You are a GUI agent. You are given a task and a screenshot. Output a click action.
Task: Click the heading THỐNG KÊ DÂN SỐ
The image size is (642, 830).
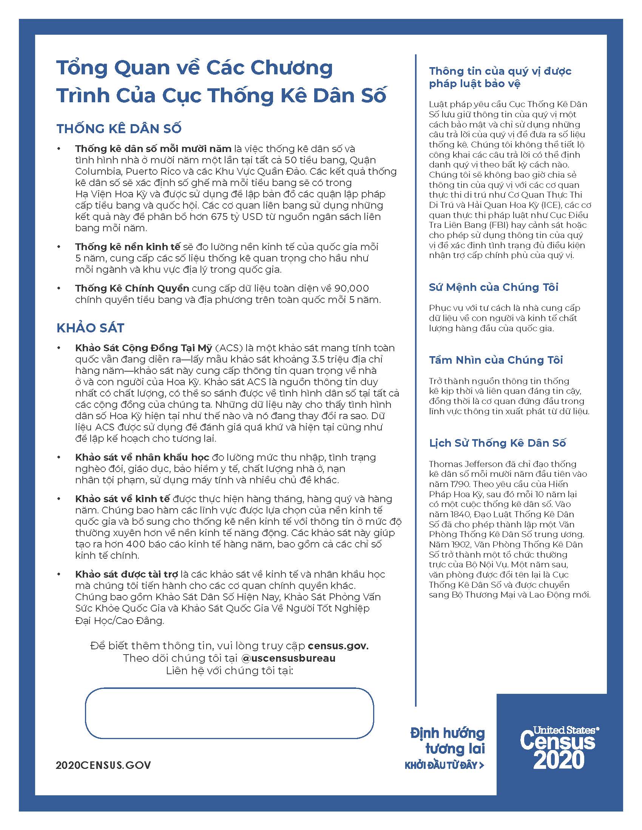119,129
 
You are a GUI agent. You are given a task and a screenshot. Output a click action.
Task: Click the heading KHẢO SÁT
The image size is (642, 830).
91,328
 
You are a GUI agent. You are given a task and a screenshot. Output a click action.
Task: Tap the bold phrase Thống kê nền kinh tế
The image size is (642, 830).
128,247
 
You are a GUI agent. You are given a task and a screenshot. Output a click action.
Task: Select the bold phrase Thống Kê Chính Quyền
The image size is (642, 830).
132,288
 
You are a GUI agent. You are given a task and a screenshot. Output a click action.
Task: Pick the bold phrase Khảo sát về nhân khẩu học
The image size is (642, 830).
142,457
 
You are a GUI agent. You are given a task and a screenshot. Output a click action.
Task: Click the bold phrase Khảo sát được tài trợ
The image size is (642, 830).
127,574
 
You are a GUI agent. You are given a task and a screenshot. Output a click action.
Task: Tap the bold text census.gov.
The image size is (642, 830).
338,646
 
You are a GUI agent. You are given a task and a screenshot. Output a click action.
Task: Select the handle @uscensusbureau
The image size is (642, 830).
288,658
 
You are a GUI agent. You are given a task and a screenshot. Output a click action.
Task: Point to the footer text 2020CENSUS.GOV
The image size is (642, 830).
103,765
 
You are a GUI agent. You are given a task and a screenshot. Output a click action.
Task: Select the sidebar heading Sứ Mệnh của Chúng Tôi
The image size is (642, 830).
494,287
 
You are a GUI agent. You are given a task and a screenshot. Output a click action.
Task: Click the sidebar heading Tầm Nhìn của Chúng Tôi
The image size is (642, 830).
496,360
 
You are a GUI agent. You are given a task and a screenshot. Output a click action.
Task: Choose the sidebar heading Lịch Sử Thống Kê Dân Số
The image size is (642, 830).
497,443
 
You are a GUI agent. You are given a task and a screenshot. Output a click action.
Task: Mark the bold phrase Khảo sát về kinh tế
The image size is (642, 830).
122,499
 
